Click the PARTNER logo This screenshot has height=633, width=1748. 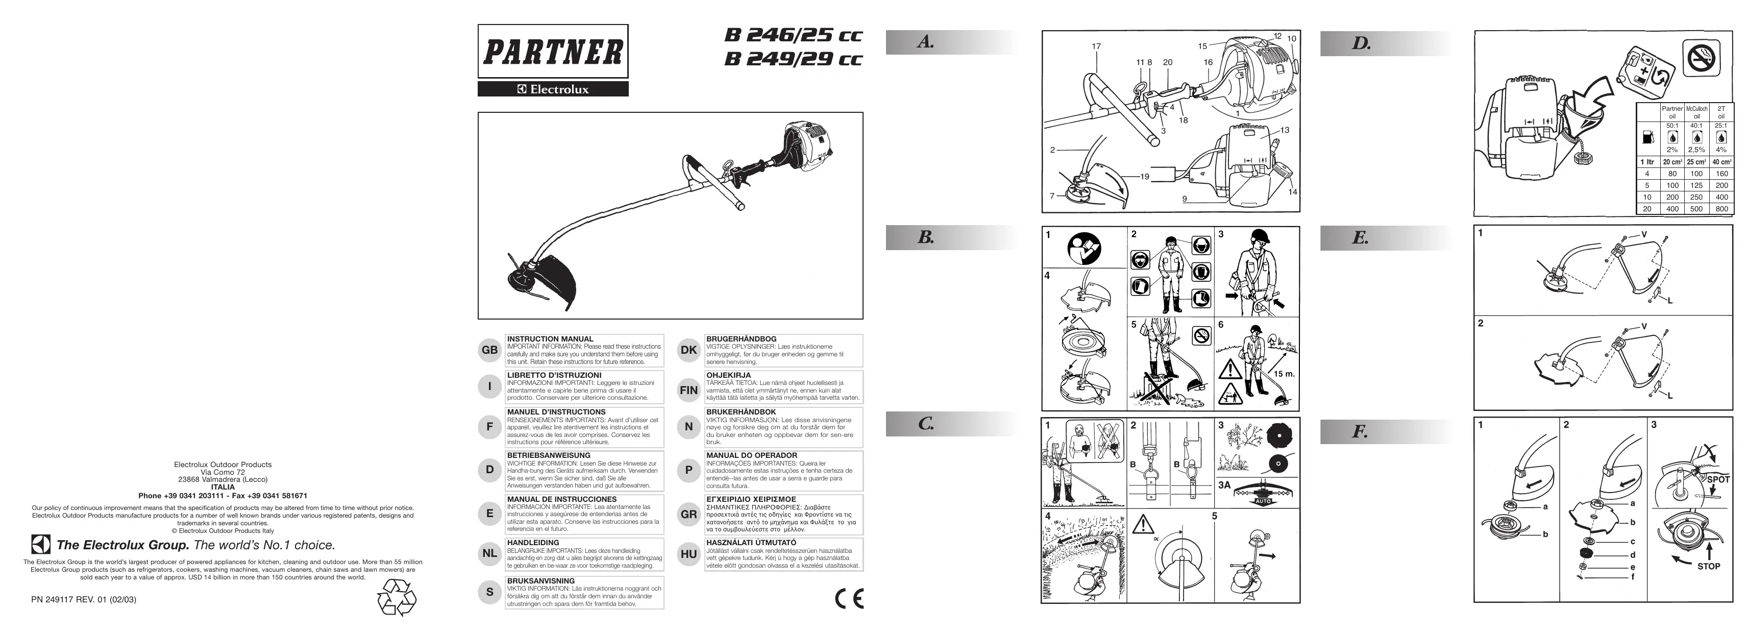coord(552,52)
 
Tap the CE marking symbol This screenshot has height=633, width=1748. coord(849,598)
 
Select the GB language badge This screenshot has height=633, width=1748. coord(489,350)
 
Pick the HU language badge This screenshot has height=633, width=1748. coord(688,554)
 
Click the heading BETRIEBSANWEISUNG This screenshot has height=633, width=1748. coord(548,455)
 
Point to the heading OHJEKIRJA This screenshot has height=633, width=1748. coord(728,375)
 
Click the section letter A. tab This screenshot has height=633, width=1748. coord(926,42)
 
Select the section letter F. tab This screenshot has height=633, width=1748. coord(1360,431)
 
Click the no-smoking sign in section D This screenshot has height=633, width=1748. coord(1701,58)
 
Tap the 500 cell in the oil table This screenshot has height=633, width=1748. coord(1696,209)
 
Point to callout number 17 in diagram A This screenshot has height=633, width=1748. coord(1096,47)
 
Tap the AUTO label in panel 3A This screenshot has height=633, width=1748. coord(1263,501)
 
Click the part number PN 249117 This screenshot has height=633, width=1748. coord(84,600)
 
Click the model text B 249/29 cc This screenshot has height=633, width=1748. coord(793,59)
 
